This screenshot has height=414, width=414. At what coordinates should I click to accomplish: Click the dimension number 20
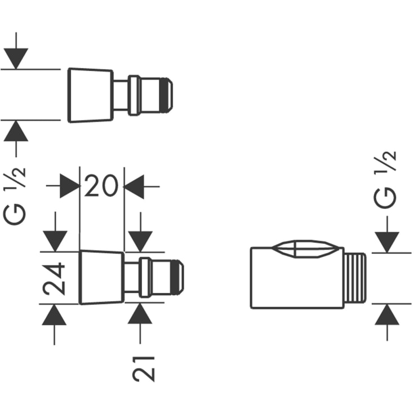(101, 186)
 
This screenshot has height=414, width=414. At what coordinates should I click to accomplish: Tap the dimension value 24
(54, 278)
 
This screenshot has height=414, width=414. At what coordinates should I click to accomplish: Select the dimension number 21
(144, 369)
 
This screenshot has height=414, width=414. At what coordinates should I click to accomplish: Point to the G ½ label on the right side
(385, 180)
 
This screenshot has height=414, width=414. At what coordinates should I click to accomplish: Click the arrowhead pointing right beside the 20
(70, 186)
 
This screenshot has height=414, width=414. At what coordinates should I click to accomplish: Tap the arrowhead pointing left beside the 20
(133, 186)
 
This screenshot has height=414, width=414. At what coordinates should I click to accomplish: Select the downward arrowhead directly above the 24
(55, 241)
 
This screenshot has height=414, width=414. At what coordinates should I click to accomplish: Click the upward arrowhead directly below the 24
(54, 315)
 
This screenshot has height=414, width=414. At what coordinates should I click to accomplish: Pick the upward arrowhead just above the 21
(140, 313)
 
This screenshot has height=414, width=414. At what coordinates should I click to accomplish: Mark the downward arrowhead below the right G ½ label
(387, 242)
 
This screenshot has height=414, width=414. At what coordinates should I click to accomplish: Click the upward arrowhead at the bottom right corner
(387, 314)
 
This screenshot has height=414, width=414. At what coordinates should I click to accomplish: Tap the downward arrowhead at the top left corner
(16, 59)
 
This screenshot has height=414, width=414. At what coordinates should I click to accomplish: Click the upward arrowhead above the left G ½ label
(16, 131)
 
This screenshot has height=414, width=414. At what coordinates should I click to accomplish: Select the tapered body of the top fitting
(91, 95)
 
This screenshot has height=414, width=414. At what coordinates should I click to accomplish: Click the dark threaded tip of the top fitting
(166, 95)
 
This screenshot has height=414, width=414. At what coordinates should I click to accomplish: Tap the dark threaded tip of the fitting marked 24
(177, 277)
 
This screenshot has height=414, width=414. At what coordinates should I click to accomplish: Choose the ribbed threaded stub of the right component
(355, 278)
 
